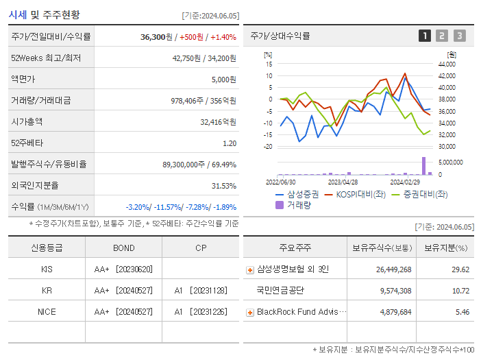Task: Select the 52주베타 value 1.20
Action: (x=230, y=143)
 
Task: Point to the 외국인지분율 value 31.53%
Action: (x=224, y=186)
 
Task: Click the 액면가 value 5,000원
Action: (x=223, y=80)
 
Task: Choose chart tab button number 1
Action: (x=425, y=36)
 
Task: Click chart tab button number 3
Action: (x=459, y=36)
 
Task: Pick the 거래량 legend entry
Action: (x=298, y=204)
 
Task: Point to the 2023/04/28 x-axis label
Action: (x=343, y=182)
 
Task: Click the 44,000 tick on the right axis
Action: (x=447, y=64)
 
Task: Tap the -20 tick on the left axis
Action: (x=269, y=147)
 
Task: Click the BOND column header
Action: (x=124, y=248)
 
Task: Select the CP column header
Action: (x=201, y=248)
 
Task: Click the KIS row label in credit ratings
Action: (x=47, y=269)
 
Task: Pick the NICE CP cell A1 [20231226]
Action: (x=201, y=312)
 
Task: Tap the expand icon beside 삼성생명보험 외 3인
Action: (x=250, y=270)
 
